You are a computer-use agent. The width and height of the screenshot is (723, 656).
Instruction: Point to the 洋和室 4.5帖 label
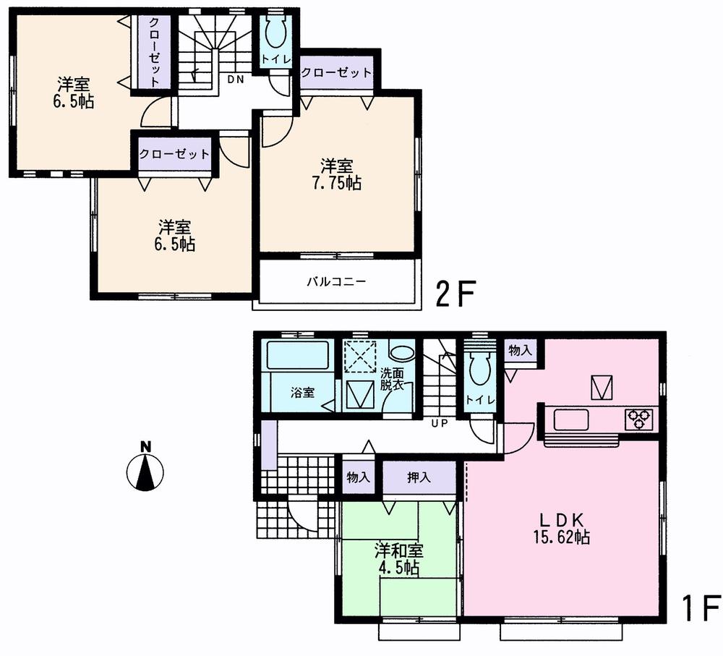398,558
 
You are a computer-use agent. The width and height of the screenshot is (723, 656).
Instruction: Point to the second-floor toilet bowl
276,33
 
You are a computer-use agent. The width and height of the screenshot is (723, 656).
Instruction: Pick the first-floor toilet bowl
479,371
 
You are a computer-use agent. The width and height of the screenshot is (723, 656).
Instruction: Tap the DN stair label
235,80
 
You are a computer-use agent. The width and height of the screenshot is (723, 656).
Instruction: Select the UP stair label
438,422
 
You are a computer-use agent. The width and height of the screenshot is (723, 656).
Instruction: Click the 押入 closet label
419,477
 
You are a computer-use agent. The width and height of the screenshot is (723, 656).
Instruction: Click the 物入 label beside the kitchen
520,350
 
